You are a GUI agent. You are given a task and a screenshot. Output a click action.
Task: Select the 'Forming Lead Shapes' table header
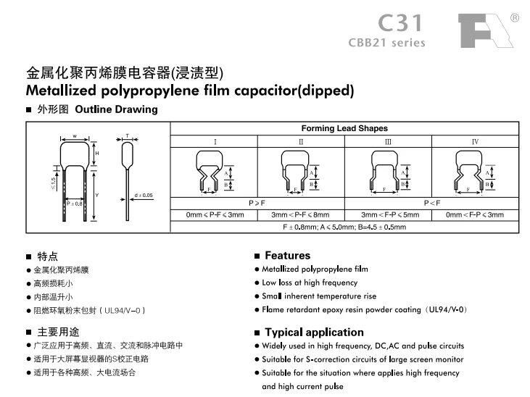(344, 128)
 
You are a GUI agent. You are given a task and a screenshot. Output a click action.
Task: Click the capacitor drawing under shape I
(214, 171)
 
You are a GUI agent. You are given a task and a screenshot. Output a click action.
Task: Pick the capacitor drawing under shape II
(300, 171)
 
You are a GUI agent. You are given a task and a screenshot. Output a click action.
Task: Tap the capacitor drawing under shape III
(387, 171)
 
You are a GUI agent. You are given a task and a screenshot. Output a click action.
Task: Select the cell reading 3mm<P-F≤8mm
(300, 215)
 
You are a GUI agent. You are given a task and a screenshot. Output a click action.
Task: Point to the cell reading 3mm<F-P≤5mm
(388, 215)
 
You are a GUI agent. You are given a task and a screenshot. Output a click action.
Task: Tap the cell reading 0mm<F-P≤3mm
(475, 215)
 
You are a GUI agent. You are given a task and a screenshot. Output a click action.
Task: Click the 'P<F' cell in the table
(431, 204)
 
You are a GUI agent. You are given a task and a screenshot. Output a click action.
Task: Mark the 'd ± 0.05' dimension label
(144, 196)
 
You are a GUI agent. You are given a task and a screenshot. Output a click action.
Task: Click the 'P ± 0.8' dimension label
(75, 204)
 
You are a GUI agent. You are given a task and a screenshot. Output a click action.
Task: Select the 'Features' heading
(287, 256)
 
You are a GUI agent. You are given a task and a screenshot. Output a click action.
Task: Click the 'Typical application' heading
(314, 333)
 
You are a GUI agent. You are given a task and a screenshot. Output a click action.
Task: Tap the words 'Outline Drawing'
(115, 110)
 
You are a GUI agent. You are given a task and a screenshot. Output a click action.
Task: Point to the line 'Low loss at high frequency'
(310, 283)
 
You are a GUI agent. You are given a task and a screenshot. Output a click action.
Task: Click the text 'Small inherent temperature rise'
(319, 296)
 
